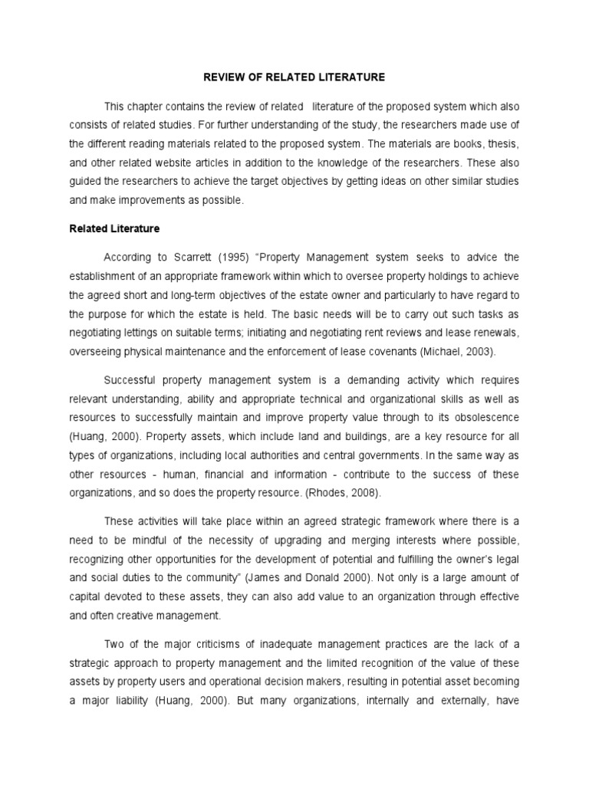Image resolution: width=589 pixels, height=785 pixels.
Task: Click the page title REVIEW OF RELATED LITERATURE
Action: pos(294,77)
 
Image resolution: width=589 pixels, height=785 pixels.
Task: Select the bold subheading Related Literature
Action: pos(114,228)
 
